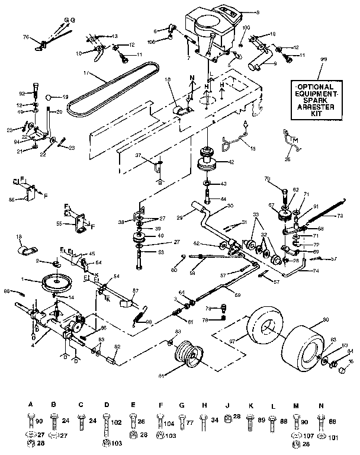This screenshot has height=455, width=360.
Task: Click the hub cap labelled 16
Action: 342,370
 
